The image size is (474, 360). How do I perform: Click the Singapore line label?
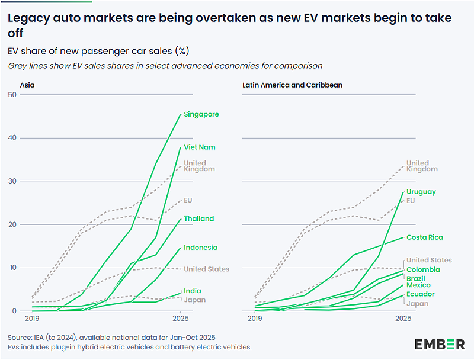[x=201, y=114]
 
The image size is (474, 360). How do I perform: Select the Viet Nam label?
[x=200, y=147]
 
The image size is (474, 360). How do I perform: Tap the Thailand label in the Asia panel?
[x=199, y=219]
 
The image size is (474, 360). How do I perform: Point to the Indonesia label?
[x=201, y=247]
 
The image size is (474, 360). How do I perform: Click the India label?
[x=192, y=291]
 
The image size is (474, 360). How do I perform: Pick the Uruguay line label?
[x=421, y=192]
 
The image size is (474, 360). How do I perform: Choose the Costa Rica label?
[x=425, y=237]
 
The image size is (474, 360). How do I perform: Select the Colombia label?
[x=424, y=270]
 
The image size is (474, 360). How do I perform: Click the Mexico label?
[x=419, y=285]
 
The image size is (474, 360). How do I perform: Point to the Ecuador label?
[x=421, y=294]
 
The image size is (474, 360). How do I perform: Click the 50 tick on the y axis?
[x=12, y=95]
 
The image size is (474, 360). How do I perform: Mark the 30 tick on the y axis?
[x=12, y=181]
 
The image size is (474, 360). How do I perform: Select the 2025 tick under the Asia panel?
[x=180, y=319]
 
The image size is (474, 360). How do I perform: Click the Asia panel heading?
[x=27, y=85]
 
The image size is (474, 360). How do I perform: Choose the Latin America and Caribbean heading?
[x=293, y=85]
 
